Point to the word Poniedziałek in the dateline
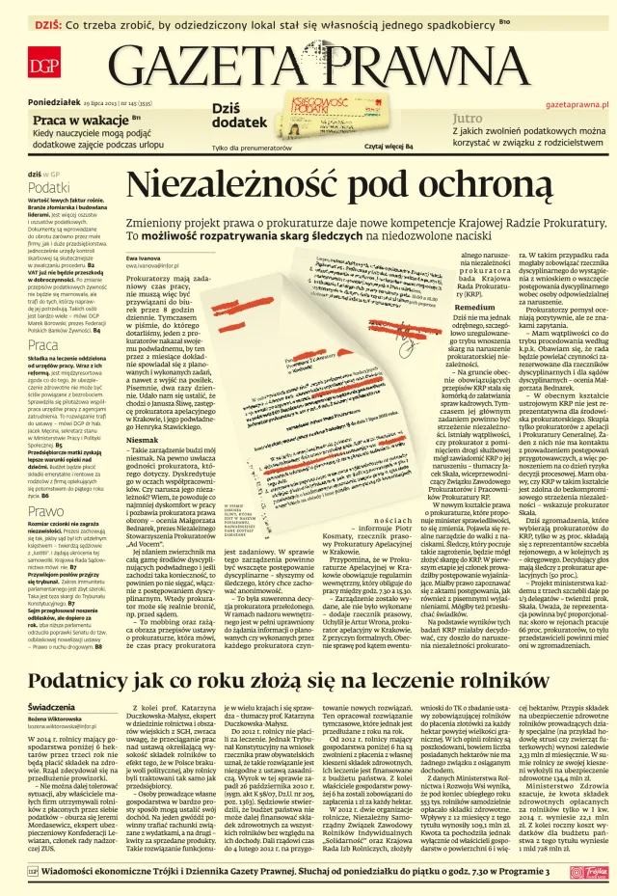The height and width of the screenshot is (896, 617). [x=54, y=102]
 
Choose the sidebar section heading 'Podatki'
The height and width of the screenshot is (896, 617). [x=48, y=187]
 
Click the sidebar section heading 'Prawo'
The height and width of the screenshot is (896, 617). [x=45, y=484]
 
